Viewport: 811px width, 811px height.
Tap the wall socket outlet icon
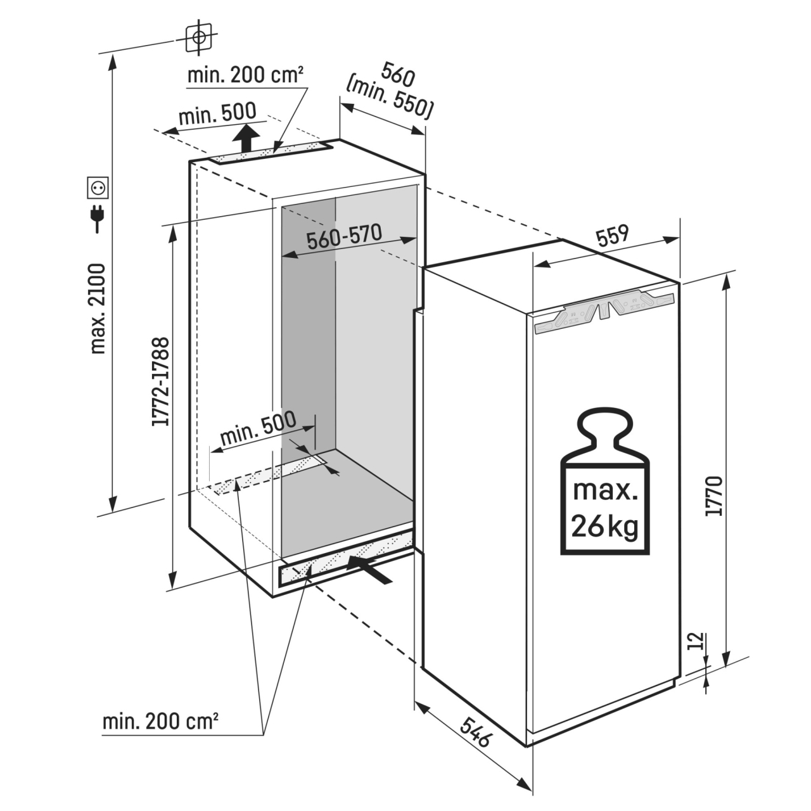[x=98, y=188]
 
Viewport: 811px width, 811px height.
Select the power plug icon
[x=98, y=218]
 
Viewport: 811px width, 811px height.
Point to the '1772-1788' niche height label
[x=161, y=381]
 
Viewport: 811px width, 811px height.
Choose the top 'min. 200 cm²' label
[x=245, y=75]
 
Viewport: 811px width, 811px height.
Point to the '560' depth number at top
[x=398, y=76]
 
